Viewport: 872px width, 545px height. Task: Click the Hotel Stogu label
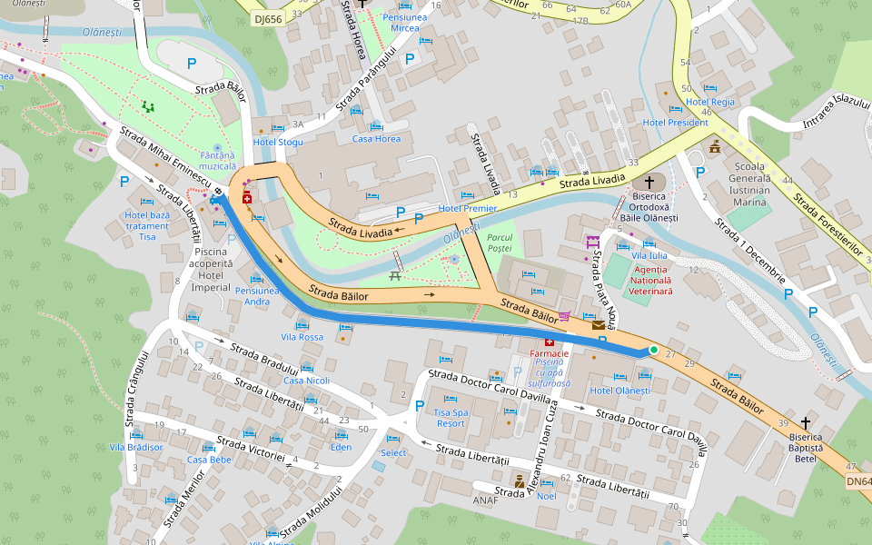278,143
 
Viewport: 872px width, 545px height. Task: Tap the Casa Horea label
376,139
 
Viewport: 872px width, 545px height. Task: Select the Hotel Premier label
468,208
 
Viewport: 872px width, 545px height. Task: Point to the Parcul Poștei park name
500,243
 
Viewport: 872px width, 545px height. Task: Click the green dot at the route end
653,349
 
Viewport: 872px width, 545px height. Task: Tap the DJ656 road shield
269,18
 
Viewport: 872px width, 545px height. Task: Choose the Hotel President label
675,123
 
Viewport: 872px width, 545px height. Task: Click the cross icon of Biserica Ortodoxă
649,182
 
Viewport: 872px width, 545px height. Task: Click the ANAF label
486,500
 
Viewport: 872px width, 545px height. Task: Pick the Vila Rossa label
302,337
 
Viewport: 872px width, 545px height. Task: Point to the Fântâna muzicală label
217,161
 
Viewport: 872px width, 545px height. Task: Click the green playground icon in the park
147,106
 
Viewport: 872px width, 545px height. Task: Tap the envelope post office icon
598,324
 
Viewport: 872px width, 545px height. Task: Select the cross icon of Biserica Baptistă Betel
806,423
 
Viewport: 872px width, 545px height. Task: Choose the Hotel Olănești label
620,391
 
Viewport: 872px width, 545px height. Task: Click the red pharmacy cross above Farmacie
549,342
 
